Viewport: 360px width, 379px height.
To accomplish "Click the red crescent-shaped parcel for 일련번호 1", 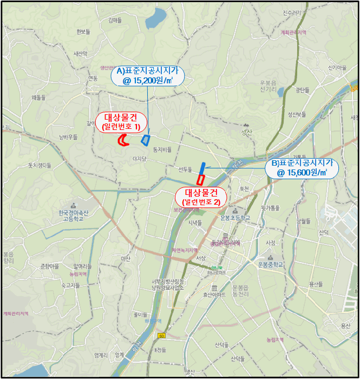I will pos(124,140).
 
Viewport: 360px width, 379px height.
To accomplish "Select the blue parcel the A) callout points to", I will pos(145,140).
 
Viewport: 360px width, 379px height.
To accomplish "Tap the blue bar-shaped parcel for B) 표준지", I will pos(202,167).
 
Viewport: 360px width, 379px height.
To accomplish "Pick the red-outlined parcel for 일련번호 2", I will pos(200,179).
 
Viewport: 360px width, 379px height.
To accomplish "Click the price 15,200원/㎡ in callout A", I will pos(148,80).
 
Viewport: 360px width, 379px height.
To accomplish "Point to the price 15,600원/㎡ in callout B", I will pos(302,173).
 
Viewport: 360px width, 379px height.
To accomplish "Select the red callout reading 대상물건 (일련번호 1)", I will pos(121,121).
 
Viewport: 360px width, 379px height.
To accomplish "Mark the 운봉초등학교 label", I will pos(235,218).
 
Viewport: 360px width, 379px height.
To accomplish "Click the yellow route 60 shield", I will pos(161,336).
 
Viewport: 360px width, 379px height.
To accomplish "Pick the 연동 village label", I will pos(93,78).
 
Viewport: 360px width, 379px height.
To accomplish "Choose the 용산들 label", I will pos(316,284).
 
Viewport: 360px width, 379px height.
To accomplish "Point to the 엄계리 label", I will pos(100,355).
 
